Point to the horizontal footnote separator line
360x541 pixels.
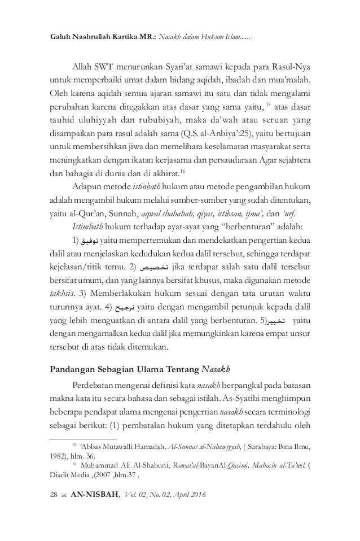coord(83,438)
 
